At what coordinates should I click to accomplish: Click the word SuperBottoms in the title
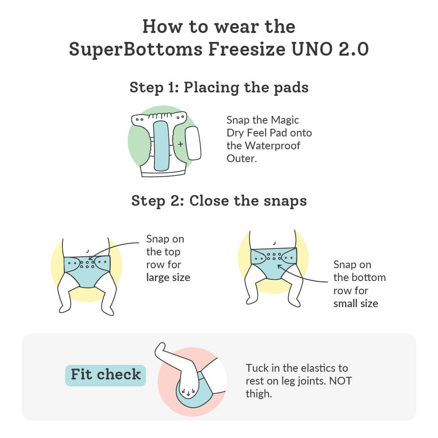[136, 49]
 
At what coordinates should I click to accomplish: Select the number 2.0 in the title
[354, 49]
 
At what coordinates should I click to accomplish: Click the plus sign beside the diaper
[181, 144]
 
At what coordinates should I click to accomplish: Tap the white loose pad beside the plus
[193, 143]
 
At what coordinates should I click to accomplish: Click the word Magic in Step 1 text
[285, 120]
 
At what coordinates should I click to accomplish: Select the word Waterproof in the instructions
[272, 146]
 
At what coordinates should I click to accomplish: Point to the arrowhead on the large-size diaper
[90, 258]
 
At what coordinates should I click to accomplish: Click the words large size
[168, 278]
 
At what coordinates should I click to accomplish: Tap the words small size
[355, 303]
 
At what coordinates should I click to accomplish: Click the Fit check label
[106, 375]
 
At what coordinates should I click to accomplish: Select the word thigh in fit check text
[258, 394]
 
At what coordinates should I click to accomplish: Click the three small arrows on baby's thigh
[188, 391]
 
